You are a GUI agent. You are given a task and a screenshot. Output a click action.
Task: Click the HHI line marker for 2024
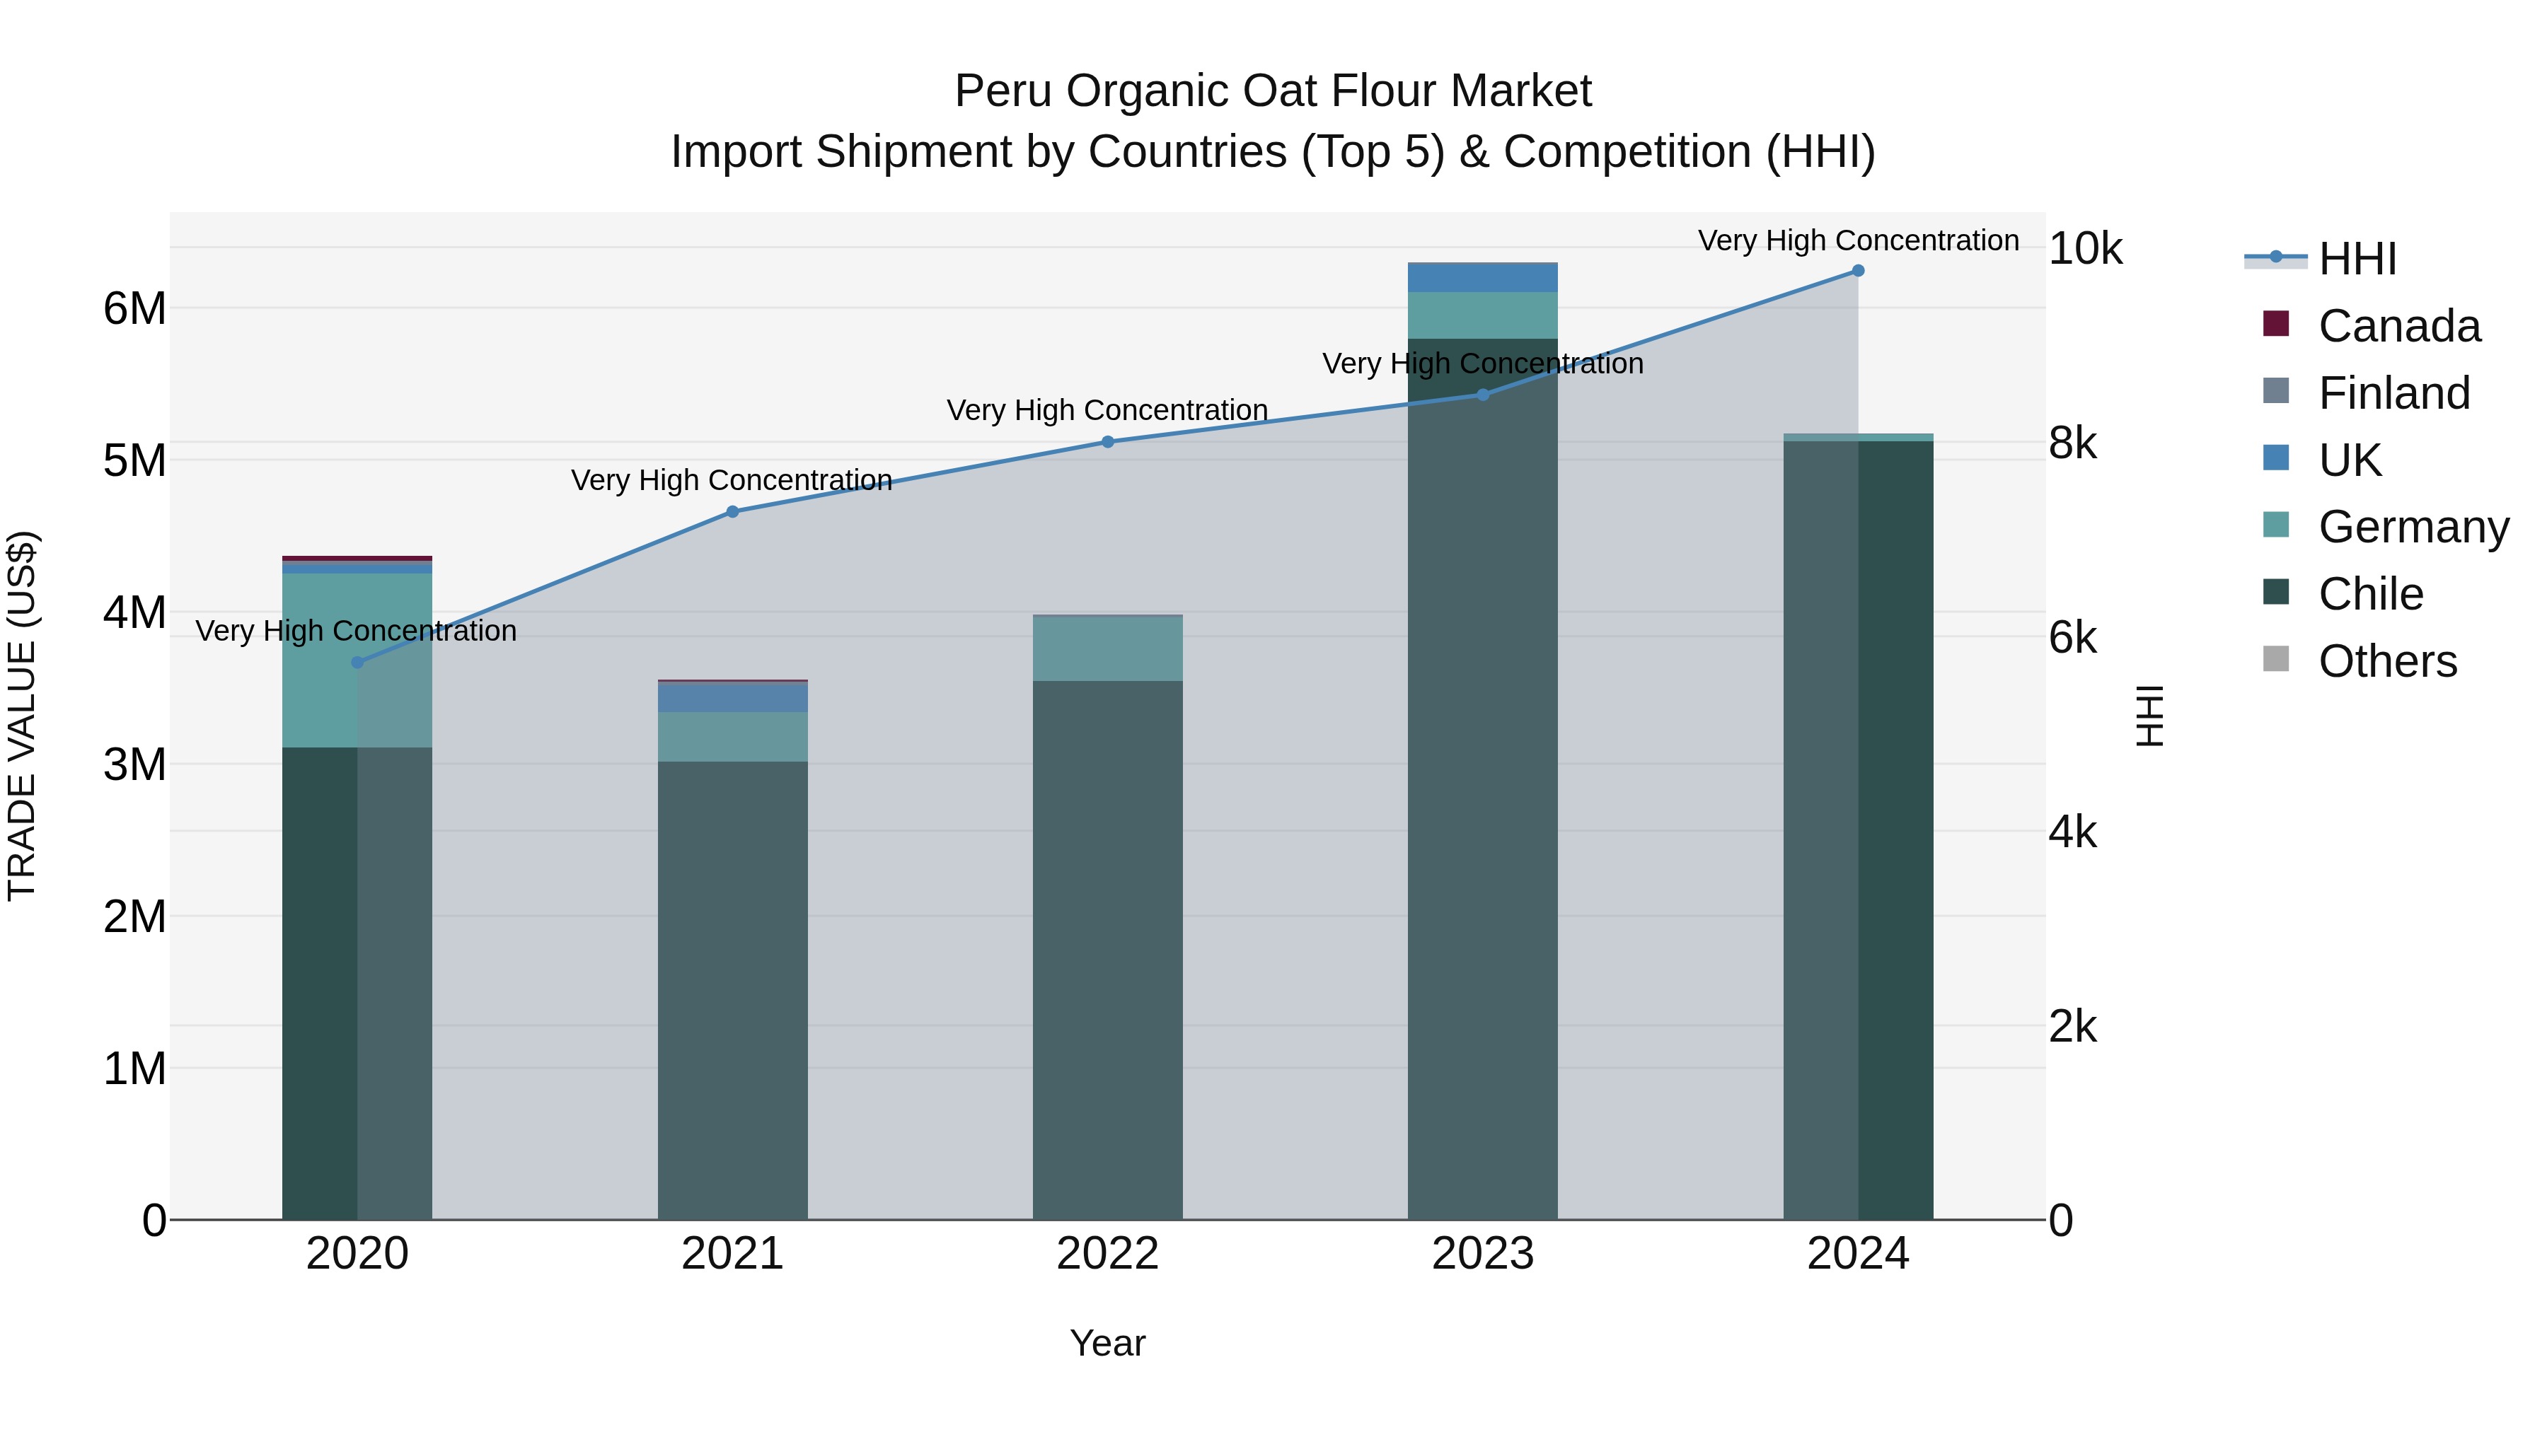(1858, 271)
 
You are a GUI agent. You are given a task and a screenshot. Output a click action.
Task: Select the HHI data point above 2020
(358, 662)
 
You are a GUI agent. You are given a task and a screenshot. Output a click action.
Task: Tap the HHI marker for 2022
(1107, 442)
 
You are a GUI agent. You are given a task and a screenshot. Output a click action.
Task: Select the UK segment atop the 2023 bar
(1482, 278)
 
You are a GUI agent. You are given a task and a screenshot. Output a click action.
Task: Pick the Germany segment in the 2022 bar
(1107, 648)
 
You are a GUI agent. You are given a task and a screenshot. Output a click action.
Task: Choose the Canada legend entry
(2398, 326)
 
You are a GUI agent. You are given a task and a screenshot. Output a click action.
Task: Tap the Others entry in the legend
(2387, 661)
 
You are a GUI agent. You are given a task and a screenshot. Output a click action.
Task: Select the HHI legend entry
(2357, 259)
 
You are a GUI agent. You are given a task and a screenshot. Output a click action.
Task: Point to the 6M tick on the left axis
(134, 309)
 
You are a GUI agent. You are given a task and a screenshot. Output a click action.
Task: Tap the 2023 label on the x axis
(1482, 1254)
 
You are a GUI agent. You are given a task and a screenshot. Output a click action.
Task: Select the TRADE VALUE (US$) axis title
(22, 716)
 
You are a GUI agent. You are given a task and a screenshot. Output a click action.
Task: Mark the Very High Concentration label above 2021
(732, 480)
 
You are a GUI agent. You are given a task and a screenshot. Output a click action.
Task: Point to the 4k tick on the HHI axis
(2072, 832)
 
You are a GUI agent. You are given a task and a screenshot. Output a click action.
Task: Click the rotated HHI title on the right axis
(2152, 716)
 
